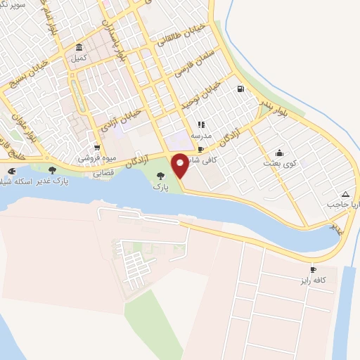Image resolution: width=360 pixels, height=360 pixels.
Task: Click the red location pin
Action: pyautogui.click(x=180, y=165)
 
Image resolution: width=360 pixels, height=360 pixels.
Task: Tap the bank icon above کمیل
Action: pyautogui.click(x=78, y=48)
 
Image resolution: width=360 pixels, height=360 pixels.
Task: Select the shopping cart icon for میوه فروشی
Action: pyautogui.click(x=96, y=148)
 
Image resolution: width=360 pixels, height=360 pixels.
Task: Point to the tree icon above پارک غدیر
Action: pyautogui.click(x=52, y=170)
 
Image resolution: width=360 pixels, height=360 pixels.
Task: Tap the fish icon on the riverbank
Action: pyautogui.click(x=11, y=171)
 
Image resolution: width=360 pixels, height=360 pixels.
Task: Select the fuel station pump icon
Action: pyautogui.click(x=241, y=89)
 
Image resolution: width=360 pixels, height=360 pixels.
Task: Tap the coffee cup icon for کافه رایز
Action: pyautogui.click(x=314, y=269)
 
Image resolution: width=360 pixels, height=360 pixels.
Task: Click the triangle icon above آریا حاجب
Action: pyautogui.click(x=345, y=194)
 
